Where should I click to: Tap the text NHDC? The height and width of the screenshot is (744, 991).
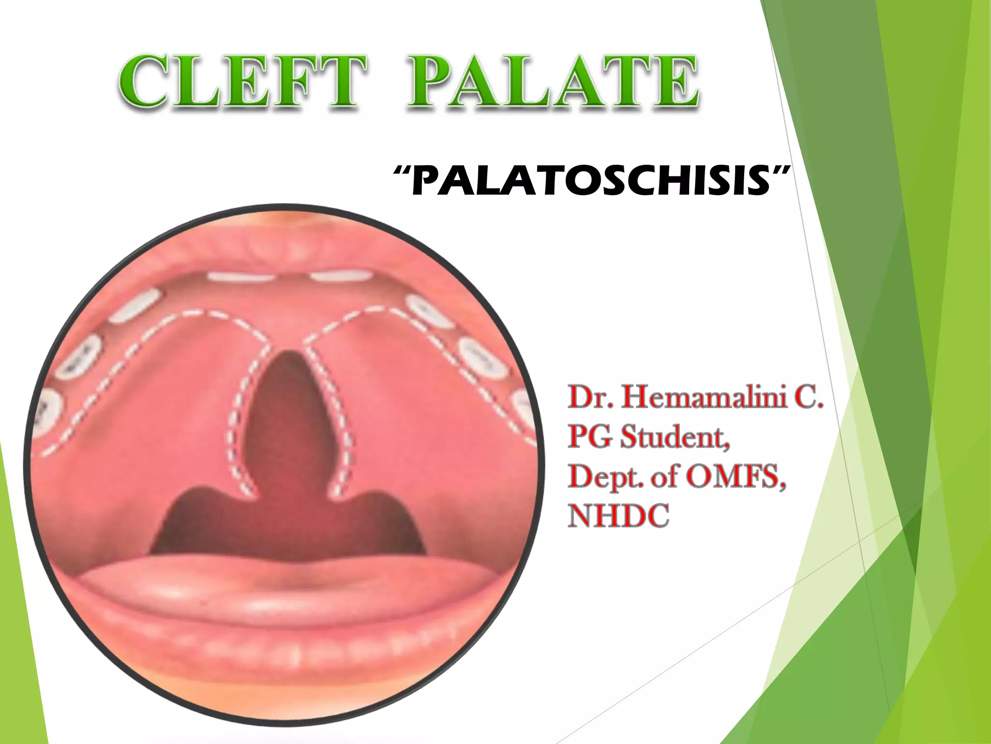click(x=619, y=516)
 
